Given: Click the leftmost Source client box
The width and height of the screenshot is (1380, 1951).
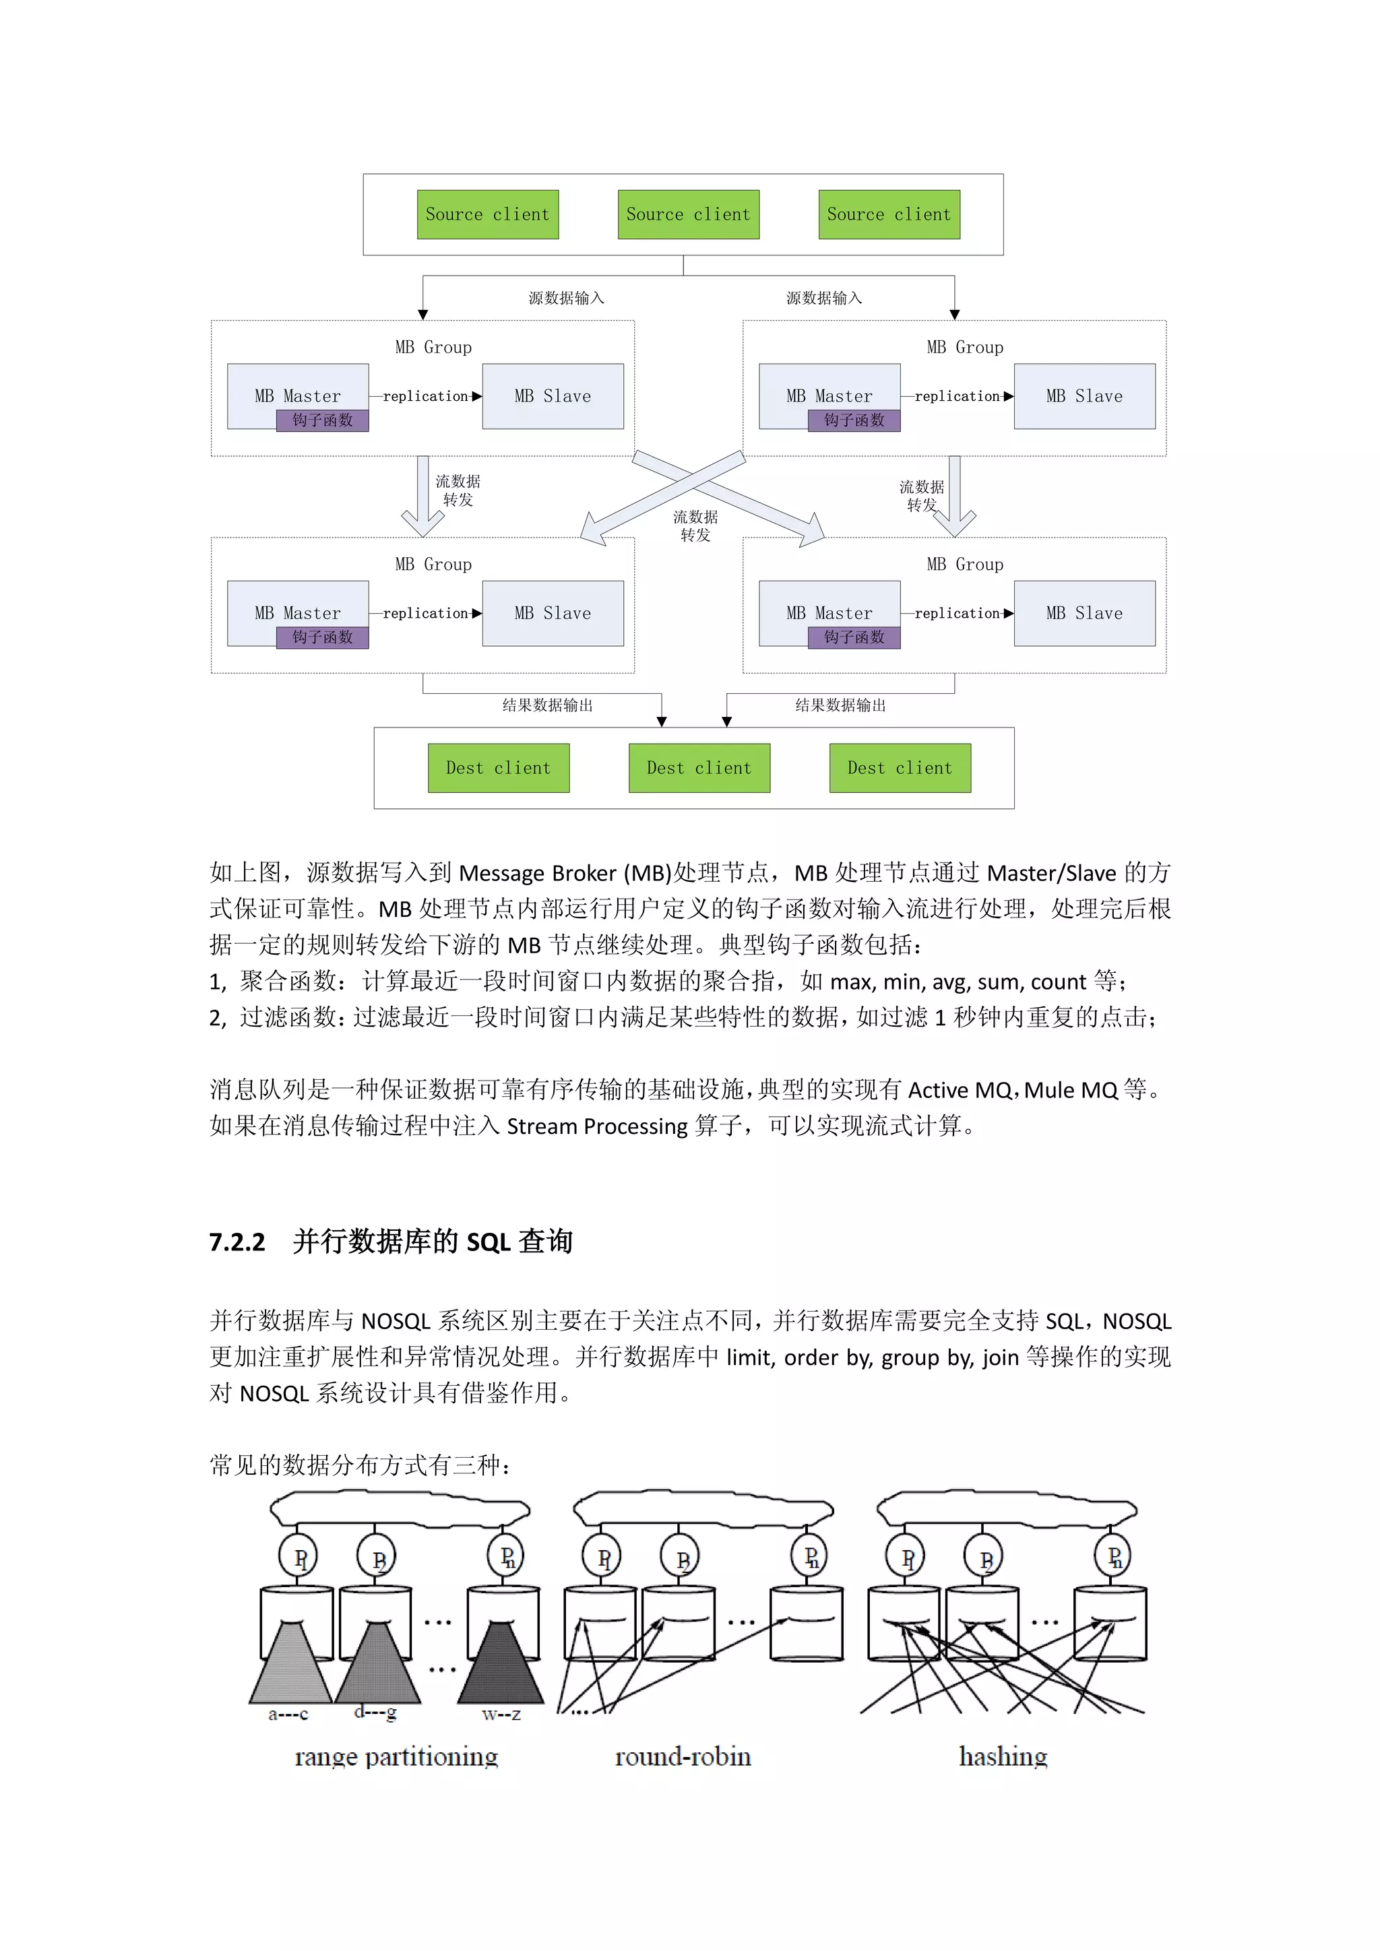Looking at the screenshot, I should coord(487,214).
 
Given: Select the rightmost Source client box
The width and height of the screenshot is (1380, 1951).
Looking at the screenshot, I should coord(889,214).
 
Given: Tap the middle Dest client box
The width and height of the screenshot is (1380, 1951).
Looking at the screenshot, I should coord(699,768).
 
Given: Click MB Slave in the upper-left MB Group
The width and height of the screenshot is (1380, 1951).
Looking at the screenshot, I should coord(553,396).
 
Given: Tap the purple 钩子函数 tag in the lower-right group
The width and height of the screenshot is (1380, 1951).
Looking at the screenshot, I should coord(854,637).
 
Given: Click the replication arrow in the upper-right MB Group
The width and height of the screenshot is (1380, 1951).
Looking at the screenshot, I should coord(957,397).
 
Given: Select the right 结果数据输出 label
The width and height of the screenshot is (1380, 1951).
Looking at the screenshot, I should coord(840,705).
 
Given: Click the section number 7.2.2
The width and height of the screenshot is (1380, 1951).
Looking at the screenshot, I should coord(237,1242).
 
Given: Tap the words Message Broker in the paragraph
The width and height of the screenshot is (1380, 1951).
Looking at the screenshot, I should coord(537,874).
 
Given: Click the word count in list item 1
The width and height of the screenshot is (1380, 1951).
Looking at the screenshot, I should coord(1058,982).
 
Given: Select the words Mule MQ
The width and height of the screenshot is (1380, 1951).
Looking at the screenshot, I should coord(1071,1090).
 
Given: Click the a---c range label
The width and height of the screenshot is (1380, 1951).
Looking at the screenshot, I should coord(288,1714).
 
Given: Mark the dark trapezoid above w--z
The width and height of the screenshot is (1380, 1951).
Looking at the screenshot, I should coord(501,1665).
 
